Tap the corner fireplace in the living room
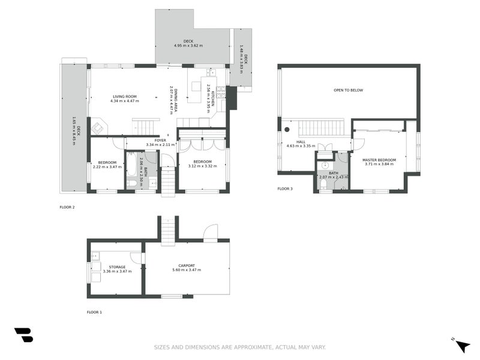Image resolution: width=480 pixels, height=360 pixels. click(x=97, y=127)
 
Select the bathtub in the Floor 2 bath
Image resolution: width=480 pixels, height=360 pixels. click(x=131, y=170)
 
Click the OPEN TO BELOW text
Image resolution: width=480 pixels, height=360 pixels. click(x=348, y=90)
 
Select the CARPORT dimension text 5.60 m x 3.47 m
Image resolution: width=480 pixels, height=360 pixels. click(x=187, y=271)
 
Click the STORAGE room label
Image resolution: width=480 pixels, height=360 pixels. click(x=117, y=267)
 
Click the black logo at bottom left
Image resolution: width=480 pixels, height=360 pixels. click(x=23, y=335)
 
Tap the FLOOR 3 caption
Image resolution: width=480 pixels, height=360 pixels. click(x=285, y=189)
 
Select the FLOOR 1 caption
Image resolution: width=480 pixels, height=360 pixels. click(x=94, y=312)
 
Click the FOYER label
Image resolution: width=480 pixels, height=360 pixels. click(x=161, y=140)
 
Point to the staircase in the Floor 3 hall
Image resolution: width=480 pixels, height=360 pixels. click(x=319, y=128)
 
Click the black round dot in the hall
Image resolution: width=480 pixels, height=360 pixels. click(x=287, y=129)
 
